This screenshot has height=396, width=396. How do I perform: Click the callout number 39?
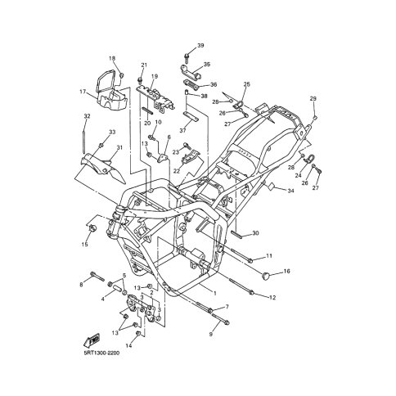[200, 45]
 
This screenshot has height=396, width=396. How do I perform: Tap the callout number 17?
[83, 92]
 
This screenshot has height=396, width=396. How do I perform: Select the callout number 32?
[87, 116]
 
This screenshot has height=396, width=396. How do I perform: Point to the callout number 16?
[286, 271]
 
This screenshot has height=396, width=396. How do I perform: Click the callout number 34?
[290, 191]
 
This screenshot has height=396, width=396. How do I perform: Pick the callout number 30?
[255, 233]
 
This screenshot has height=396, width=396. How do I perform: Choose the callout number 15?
[85, 245]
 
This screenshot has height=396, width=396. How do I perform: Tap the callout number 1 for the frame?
[215, 294]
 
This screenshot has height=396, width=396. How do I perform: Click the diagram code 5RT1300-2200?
[101, 353]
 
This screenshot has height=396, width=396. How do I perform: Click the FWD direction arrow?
[92, 340]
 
